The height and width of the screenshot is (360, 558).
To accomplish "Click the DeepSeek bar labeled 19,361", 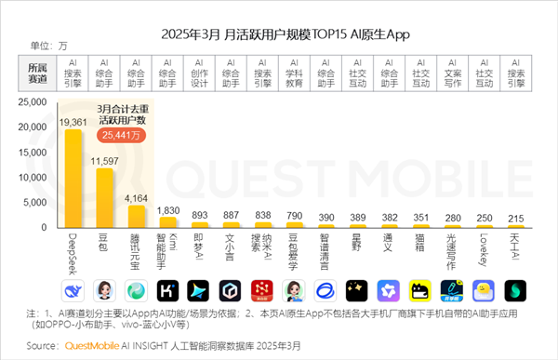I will click(73, 179).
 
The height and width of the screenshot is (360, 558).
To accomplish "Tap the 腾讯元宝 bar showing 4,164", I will click(136, 216).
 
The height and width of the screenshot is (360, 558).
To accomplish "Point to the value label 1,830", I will click(167, 210).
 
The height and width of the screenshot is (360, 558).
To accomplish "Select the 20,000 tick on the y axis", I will click(44, 127).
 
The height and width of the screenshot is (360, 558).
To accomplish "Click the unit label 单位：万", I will click(48, 45).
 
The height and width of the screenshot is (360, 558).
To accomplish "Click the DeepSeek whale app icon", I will click(73, 289).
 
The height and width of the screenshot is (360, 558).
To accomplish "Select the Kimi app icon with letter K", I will click(167, 289).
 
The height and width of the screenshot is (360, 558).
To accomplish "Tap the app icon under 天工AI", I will click(515, 289).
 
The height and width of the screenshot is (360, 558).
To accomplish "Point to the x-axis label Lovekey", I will click(484, 250).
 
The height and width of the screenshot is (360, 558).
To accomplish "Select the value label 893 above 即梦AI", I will click(199, 214).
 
